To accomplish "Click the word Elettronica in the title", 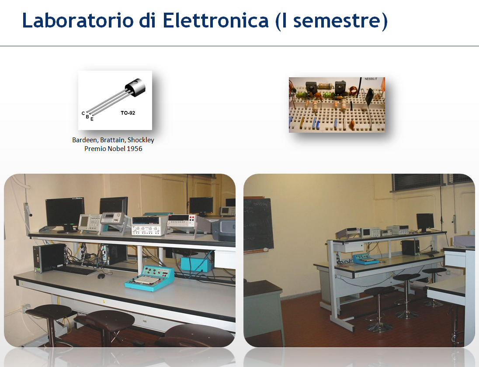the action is pyautogui.click(x=215, y=21).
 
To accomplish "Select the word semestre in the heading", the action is pyautogui.click(x=337, y=21).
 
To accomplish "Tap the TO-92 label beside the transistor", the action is pyautogui.click(x=128, y=113).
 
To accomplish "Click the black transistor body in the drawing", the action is pyautogui.click(x=135, y=87).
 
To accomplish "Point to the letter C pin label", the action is pyautogui.click(x=83, y=113).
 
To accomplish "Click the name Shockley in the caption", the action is pyautogui.click(x=141, y=140).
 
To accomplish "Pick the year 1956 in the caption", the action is pyautogui.click(x=135, y=149).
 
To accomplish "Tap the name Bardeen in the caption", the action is pyautogui.click(x=85, y=140).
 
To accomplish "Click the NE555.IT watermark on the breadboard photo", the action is pyautogui.click(x=371, y=79).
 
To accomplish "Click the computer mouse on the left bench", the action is pyautogui.click(x=101, y=276).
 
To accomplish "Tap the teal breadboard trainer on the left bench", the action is pyautogui.click(x=149, y=278).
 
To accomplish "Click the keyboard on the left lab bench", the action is pyautogui.click(x=76, y=270).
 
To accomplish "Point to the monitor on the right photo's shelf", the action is pyautogui.click(x=425, y=222).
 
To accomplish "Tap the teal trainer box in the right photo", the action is pyautogui.click(x=366, y=259).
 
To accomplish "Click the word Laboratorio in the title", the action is pyautogui.click(x=78, y=21).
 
